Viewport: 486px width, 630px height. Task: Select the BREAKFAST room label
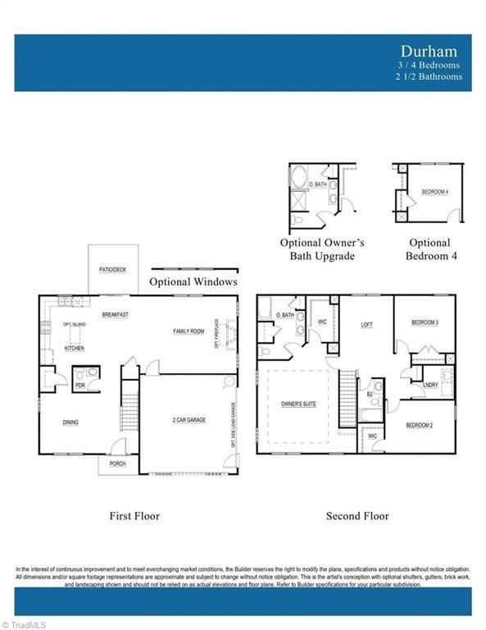(x=116, y=314)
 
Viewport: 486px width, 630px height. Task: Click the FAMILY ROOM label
(x=188, y=331)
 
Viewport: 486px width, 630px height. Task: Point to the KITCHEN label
(x=75, y=349)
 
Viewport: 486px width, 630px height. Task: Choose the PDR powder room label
(x=81, y=384)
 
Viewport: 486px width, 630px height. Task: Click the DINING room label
(x=71, y=422)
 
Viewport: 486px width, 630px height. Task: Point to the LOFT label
(x=367, y=325)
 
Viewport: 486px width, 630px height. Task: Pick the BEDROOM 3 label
(x=425, y=322)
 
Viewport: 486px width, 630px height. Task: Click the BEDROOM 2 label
(x=420, y=425)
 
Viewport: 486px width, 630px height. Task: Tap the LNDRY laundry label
(x=430, y=385)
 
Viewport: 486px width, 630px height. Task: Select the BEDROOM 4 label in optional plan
(x=435, y=192)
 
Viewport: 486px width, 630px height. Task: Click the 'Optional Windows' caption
(x=193, y=281)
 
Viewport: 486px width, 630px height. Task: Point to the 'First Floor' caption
(x=134, y=516)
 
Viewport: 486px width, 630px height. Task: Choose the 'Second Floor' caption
(x=357, y=516)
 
